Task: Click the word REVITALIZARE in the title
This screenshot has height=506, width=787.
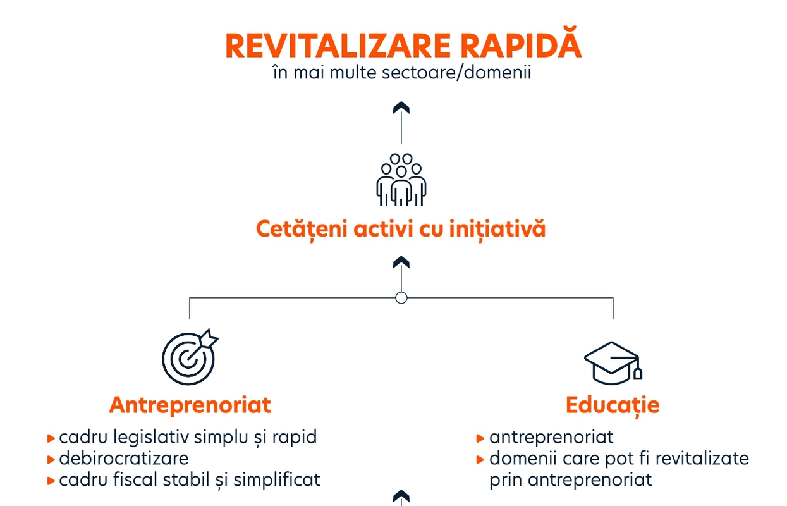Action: pos(338,46)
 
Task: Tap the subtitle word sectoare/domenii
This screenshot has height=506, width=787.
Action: pos(456,73)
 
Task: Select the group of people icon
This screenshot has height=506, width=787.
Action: pos(401,180)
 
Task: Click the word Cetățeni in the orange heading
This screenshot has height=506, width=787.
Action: pos(303,230)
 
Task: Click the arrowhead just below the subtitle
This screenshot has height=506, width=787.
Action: pos(401,108)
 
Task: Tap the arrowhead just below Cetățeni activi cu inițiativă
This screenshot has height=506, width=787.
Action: pos(401,262)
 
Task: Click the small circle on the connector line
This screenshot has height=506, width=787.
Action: pos(401,298)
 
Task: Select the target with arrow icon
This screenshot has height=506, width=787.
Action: pos(190,357)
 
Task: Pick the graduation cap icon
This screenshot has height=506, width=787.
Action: pos(613,363)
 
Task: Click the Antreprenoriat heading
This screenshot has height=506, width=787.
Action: pos(190,405)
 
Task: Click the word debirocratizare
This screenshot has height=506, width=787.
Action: pos(124,459)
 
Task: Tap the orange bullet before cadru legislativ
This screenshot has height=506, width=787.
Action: pos(51,438)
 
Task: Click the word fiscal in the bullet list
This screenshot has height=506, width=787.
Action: pos(135,479)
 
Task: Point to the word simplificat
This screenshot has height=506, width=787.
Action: pos(277,480)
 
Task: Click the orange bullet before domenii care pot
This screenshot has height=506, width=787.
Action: pos(480,460)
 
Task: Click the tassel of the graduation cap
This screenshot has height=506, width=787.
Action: pos(637,373)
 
